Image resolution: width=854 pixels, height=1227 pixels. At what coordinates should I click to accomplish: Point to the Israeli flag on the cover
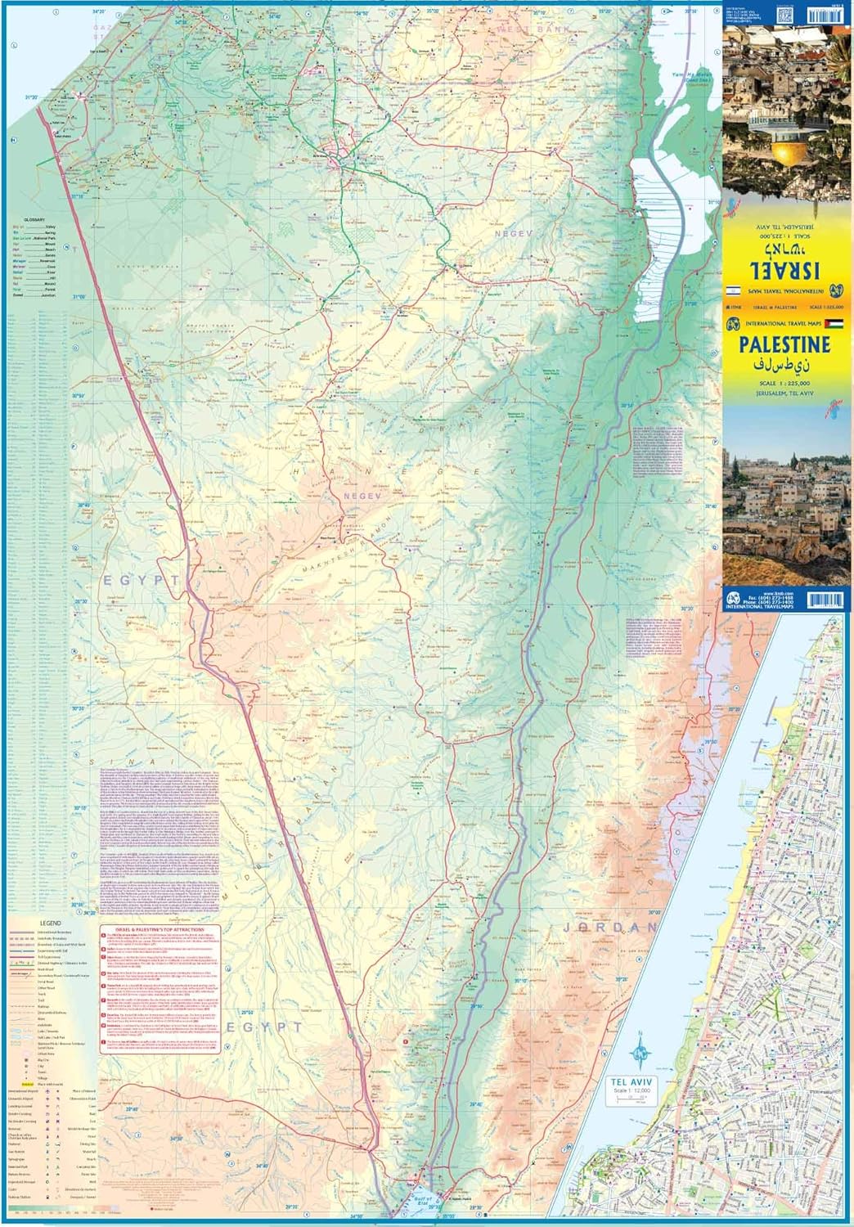tap(733, 290)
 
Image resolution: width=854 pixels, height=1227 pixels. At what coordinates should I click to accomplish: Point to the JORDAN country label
tap(609, 928)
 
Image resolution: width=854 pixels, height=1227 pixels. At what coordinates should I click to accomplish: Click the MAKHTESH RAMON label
tap(345, 556)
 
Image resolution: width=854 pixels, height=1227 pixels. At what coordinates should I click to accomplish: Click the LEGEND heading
tap(49, 922)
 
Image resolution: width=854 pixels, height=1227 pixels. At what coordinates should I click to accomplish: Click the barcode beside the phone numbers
tap(825, 600)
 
